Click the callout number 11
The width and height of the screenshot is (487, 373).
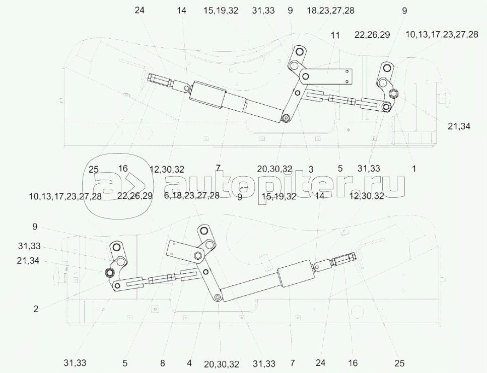point(335,35)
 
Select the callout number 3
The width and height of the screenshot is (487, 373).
point(311,169)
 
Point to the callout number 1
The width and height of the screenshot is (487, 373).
point(413,169)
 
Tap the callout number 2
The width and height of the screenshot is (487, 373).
point(36,309)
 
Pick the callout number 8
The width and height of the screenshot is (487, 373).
point(163,363)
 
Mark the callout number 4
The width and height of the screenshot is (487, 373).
point(189,363)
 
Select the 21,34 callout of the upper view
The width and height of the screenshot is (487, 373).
point(459,126)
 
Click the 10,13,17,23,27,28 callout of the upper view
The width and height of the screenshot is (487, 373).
point(442,34)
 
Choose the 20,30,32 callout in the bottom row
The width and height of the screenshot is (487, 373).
point(222,364)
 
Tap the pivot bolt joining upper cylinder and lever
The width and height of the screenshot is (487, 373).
point(286,118)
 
